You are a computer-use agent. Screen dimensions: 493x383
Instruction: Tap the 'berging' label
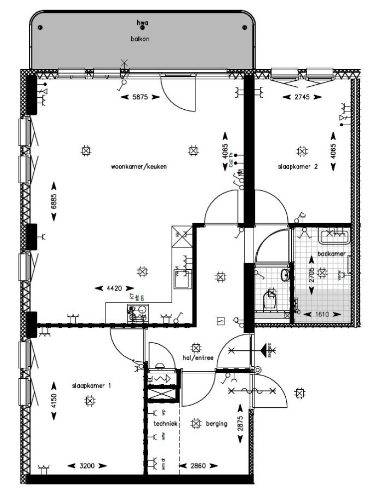click(216, 423)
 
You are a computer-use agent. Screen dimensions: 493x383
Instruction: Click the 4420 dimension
click(115, 288)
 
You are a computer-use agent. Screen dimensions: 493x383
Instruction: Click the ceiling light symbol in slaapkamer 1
click(90, 400)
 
